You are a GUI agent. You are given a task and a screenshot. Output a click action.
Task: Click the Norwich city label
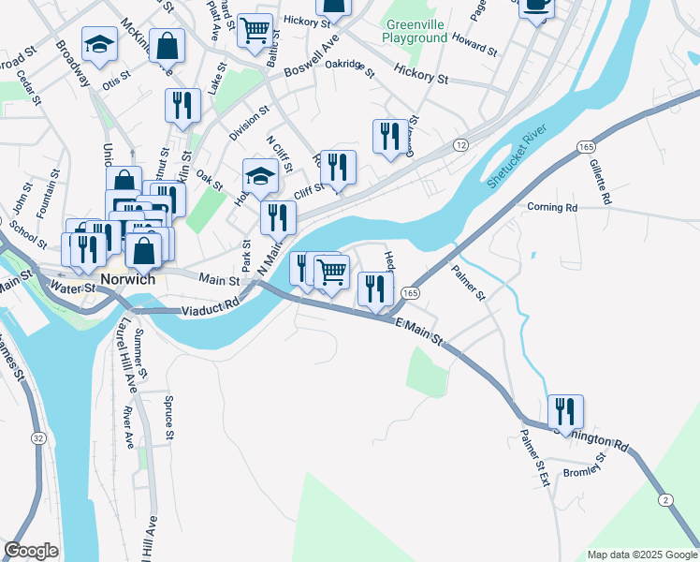pos(126,280)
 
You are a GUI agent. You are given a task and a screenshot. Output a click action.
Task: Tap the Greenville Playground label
pos(414,31)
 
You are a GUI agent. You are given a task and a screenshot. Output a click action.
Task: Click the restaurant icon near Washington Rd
pos(565,411)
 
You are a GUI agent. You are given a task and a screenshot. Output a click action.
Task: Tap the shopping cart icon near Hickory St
pos(255,30)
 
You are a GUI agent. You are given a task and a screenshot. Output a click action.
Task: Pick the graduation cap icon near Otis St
pos(97,44)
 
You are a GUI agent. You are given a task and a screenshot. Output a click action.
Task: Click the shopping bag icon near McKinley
pos(167,44)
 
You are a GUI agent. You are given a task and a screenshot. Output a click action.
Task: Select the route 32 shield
pos(37,438)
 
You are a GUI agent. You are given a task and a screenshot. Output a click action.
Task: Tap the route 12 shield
pos(460,145)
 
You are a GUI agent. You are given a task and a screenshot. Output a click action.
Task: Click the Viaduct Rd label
pos(211,307)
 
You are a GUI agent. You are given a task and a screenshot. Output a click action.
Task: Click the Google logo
pos(32,551)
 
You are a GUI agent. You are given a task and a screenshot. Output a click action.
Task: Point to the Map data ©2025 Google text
pos(641,555)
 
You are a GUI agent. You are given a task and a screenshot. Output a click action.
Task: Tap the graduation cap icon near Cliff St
pos(259,175)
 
